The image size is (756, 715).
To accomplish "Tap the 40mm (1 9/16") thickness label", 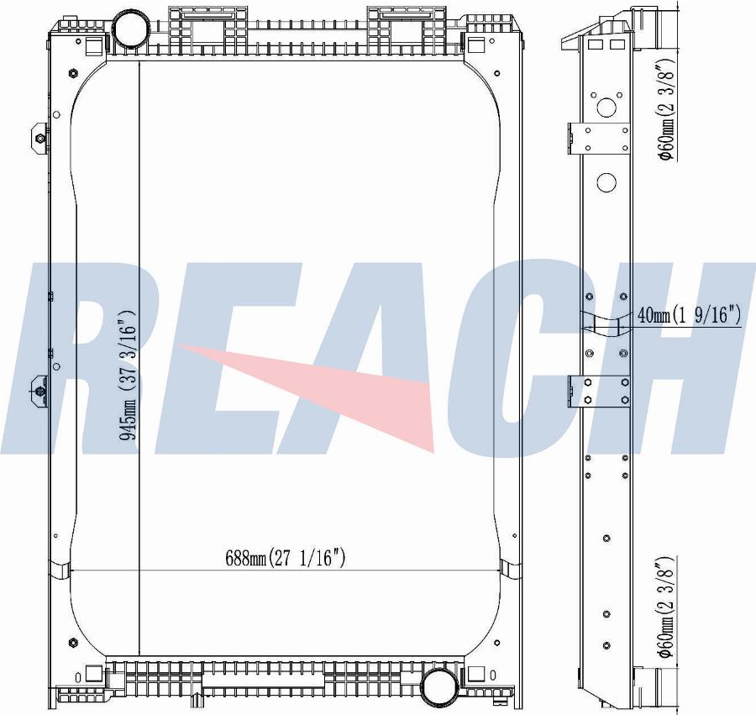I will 689,316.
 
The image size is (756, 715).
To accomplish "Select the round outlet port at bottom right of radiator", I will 438,686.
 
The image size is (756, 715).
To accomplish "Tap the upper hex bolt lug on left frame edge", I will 39,137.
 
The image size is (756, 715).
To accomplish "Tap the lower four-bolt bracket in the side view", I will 601,391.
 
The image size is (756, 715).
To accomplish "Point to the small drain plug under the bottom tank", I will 195,699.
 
